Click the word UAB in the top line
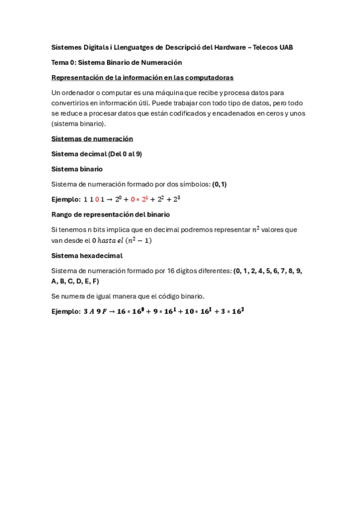click(x=285, y=47)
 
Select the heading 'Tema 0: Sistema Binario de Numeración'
click(x=117, y=62)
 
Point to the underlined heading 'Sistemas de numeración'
click(x=92, y=138)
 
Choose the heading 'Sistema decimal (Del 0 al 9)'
click(x=97, y=154)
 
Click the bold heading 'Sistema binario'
click(x=77, y=169)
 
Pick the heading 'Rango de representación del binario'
click(x=111, y=214)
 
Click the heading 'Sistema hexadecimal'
click(x=87, y=256)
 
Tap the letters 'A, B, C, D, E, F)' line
click(x=75, y=281)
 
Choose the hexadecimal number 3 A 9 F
click(x=94, y=312)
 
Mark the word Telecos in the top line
click(x=261, y=47)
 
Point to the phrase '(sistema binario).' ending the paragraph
click(x=78, y=123)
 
